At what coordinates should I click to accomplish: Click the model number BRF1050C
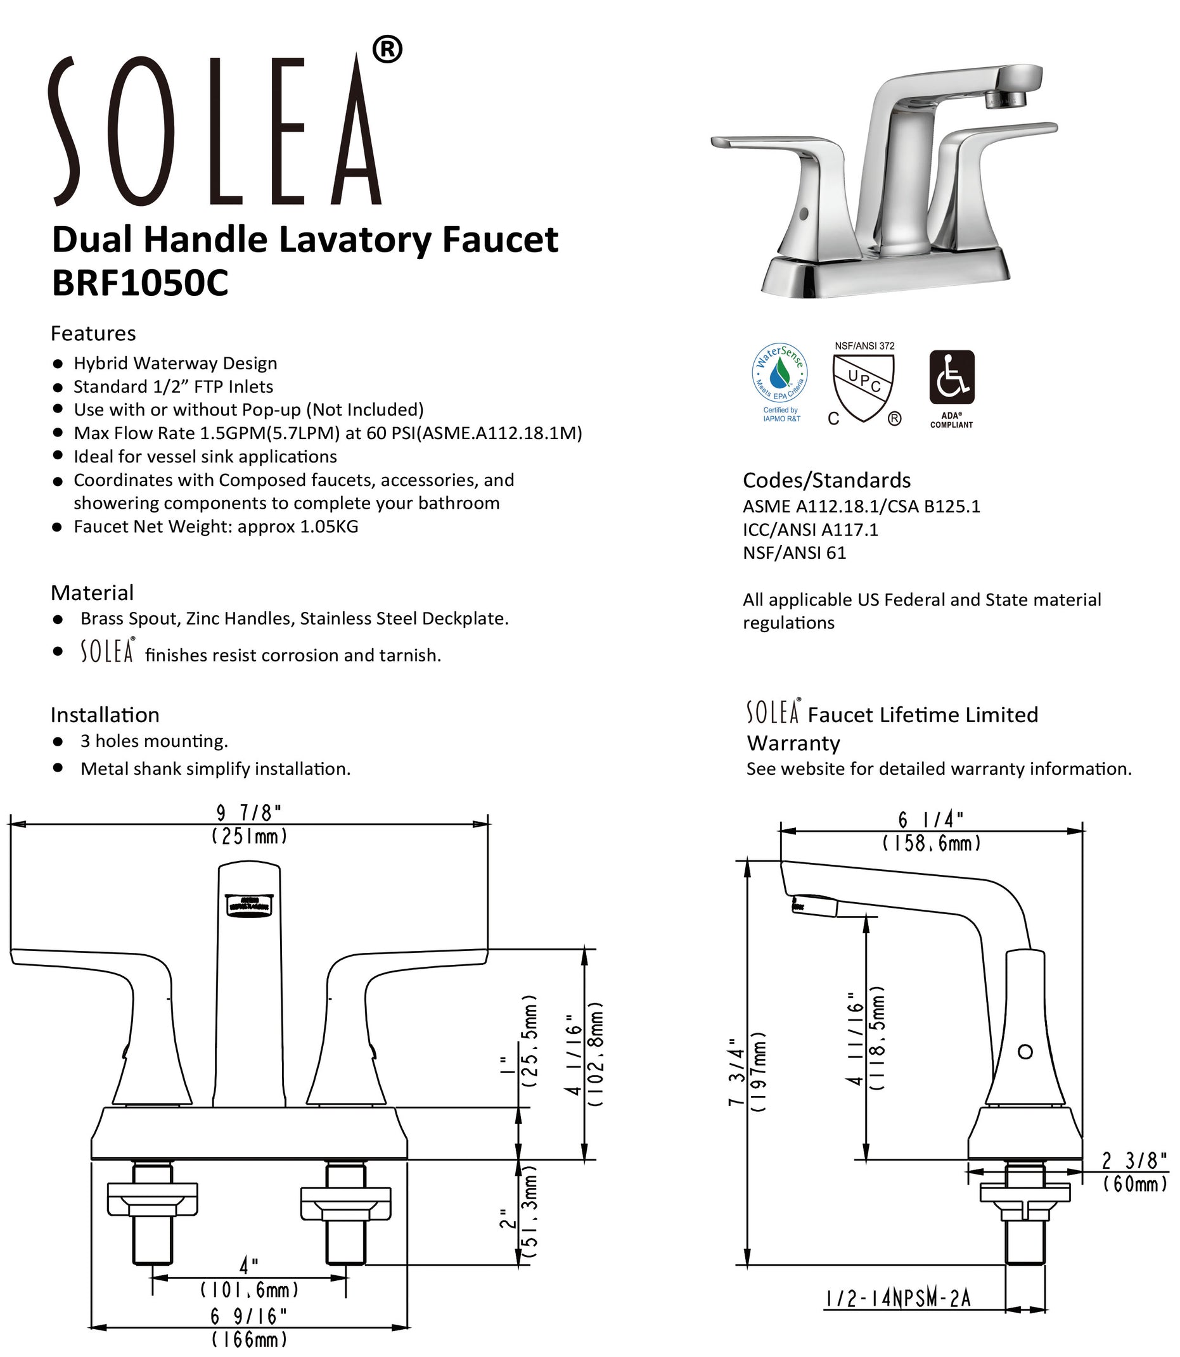[139, 284]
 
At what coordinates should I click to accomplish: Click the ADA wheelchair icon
[951, 378]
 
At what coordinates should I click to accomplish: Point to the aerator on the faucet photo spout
[1006, 101]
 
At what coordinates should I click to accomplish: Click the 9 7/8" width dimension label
[248, 813]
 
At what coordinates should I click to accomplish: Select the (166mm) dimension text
[250, 1339]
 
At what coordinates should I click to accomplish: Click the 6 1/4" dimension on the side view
[931, 820]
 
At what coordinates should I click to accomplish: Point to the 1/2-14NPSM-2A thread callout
[899, 1299]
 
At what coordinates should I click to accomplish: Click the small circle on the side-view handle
[1025, 1052]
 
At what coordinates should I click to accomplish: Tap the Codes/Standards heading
[826, 480]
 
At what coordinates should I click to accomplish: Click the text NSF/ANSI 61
[794, 553]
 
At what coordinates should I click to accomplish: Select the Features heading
[94, 334]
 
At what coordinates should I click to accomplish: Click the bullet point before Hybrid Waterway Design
[58, 364]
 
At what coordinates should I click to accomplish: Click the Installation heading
[105, 715]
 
